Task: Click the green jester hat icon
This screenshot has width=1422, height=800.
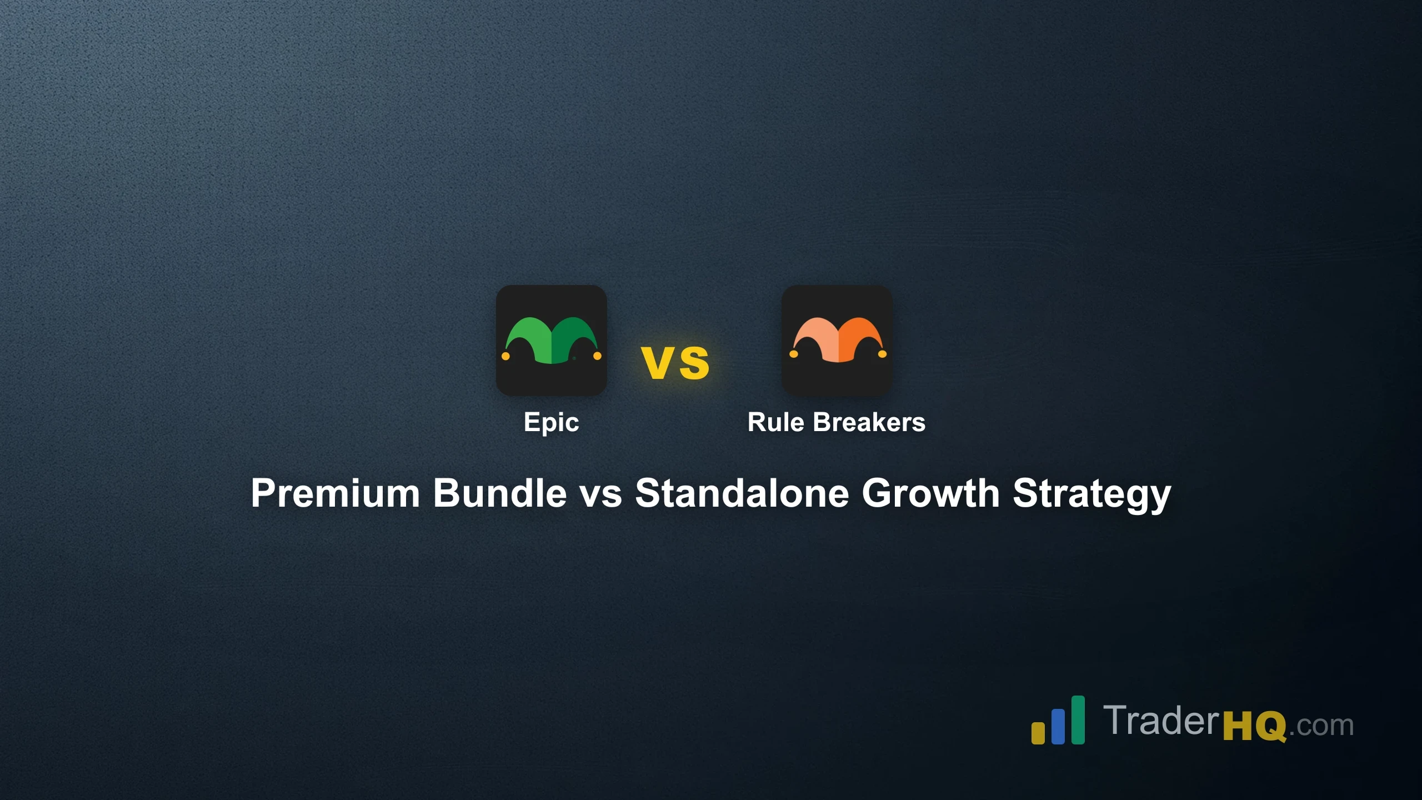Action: (x=551, y=341)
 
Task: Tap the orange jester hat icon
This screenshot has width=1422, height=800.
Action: (x=837, y=341)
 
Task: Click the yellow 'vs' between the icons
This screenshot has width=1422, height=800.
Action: (x=675, y=363)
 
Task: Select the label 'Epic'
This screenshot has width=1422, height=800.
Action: (x=551, y=422)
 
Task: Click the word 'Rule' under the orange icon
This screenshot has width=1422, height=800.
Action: (x=775, y=422)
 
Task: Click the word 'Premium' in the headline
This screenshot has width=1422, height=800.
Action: (x=335, y=493)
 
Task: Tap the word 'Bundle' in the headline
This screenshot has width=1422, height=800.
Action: (x=499, y=493)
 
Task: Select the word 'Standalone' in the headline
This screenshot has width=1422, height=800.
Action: (x=742, y=493)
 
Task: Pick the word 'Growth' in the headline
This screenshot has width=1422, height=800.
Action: (x=930, y=493)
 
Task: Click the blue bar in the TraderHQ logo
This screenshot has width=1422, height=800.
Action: (x=1058, y=726)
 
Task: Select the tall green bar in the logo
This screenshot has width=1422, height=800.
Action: (x=1078, y=719)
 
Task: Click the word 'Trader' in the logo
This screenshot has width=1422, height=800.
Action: (x=1161, y=721)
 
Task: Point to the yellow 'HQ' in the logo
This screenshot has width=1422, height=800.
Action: (x=1254, y=726)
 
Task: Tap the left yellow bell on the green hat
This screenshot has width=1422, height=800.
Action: (x=505, y=356)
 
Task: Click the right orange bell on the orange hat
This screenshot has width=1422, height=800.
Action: (x=882, y=354)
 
